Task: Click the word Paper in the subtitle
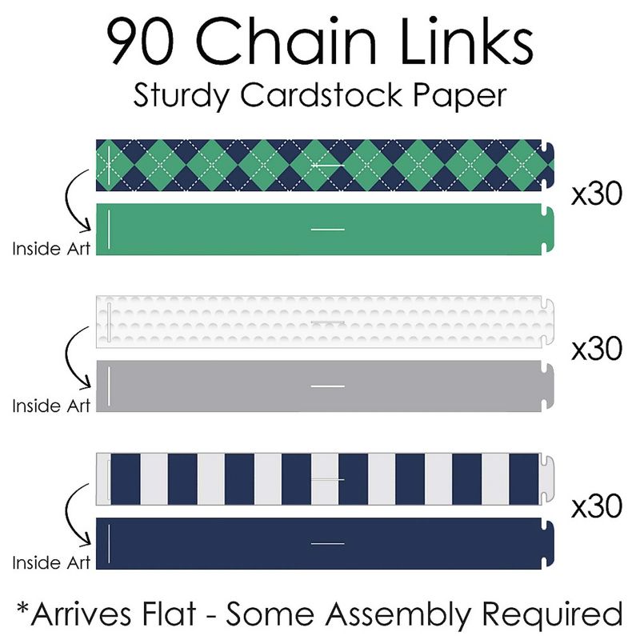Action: (x=463, y=95)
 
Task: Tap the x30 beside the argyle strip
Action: (x=596, y=195)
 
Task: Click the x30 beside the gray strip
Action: (x=596, y=349)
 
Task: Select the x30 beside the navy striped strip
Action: (x=596, y=506)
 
